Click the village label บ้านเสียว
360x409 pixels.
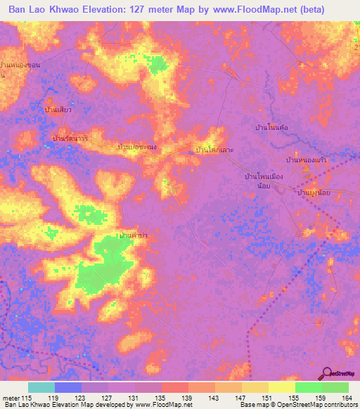click(60, 110)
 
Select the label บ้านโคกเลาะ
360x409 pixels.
click(214, 150)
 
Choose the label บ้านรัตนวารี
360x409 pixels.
click(70, 138)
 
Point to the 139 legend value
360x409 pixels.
click(188, 398)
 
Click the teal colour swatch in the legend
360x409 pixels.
click(41, 387)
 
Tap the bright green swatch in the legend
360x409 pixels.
click(309, 387)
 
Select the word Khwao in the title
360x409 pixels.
click(76, 9)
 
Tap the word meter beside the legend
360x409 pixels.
click(11, 398)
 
